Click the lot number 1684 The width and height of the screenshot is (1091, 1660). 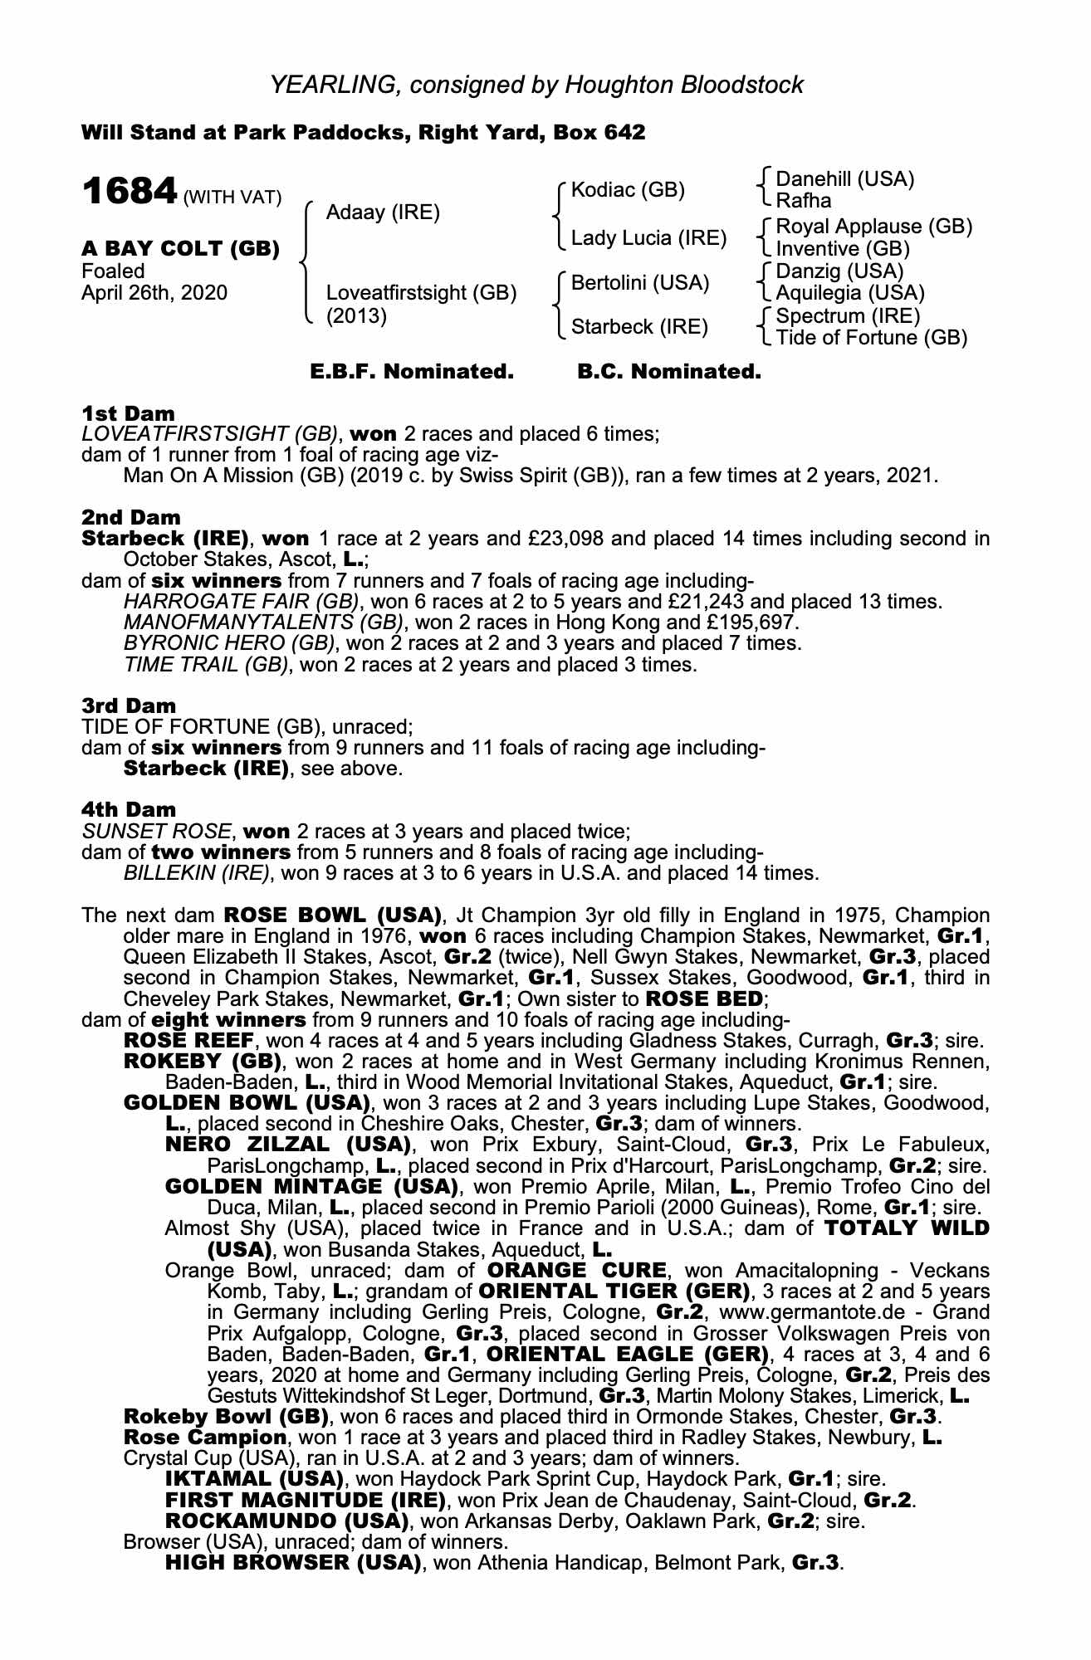[129, 193]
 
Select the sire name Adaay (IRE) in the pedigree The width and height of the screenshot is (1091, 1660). [383, 212]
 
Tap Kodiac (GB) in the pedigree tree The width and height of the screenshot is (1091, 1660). [629, 190]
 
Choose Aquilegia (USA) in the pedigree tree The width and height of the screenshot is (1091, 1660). [849, 293]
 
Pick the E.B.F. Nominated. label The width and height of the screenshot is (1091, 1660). [412, 372]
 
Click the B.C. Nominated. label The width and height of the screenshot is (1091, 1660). [668, 372]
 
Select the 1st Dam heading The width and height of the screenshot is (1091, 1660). [128, 413]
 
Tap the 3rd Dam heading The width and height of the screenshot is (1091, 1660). [129, 705]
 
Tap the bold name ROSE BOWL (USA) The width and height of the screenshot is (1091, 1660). [332, 916]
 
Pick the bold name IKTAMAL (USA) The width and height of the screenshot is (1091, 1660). [254, 1479]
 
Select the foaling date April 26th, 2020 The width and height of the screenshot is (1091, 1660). [154, 293]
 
